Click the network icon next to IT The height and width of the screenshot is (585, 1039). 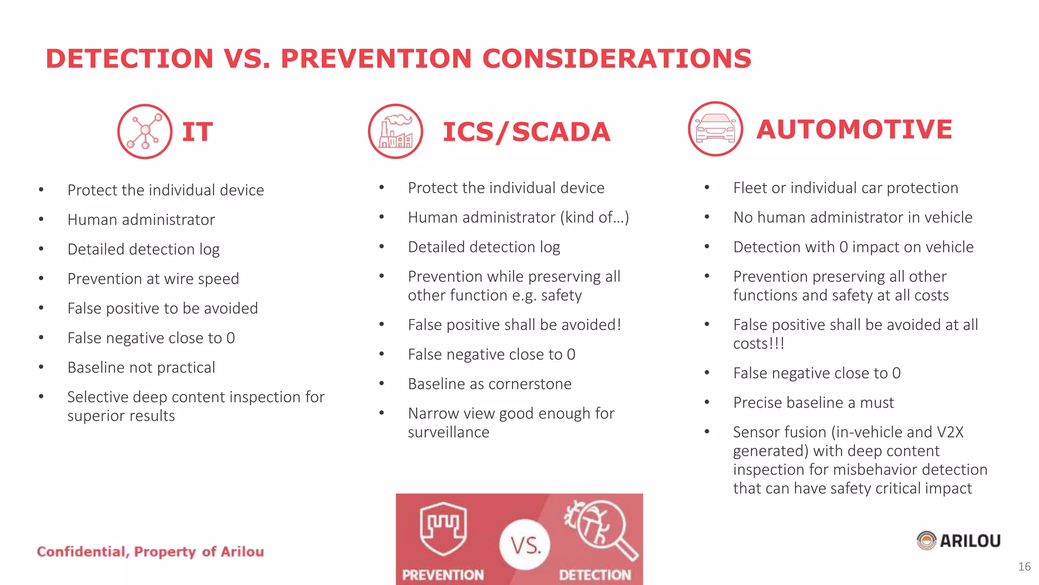pyautogui.click(x=145, y=132)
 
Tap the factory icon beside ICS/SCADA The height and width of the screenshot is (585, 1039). pyautogui.click(x=396, y=132)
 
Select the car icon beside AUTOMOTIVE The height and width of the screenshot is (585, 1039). pyautogui.click(x=715, y=129)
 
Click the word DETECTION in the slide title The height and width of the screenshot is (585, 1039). pyautogui.click(x=130, y=58)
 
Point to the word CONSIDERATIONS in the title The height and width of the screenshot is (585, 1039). pyautogui.click(x=616, y=58)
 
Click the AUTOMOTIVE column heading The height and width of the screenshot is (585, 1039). pyautogui.click(x=854, y=129)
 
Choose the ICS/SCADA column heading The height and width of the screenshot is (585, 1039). pyautogui.click(x=526, y=132)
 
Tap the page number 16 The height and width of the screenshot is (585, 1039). pyautogui.click(x=1024, y=567)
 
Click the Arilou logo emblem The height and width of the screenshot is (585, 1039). pyautogui.click(x=926, y=541)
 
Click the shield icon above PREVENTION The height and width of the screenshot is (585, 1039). pyautogui.click(x=443, y=528)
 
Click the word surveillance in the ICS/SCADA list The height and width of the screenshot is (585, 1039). pyautogui.click(x=448, y=432)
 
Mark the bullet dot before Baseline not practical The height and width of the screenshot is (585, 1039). pyautogui.click(x=41, y=367)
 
